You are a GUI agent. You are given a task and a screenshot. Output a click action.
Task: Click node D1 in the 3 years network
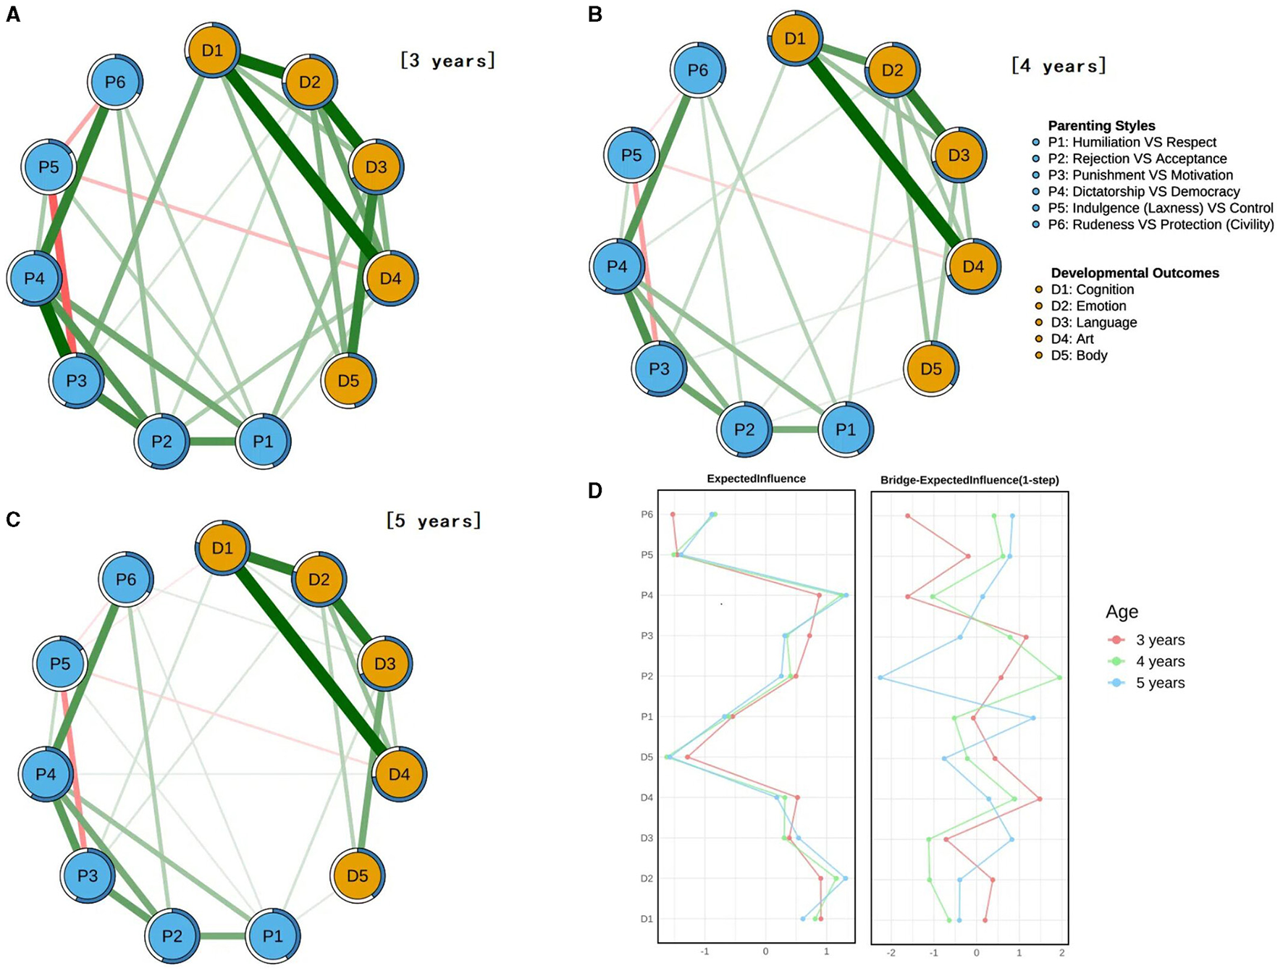(212, 51)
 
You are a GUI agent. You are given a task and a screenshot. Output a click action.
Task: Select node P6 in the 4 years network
(697, 70)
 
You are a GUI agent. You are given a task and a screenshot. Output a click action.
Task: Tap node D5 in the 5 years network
(357, 876)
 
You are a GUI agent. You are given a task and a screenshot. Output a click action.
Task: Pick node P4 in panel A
(35, 278)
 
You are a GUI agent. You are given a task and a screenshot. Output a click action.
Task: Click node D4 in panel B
(973, 266)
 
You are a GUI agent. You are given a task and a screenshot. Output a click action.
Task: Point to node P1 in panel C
(273, 936)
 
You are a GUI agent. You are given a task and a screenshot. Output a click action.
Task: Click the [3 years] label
(447, 60)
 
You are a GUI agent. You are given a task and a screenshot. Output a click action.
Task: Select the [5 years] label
(434, 521)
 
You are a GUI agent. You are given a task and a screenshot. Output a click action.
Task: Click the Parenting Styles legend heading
(1101, 126)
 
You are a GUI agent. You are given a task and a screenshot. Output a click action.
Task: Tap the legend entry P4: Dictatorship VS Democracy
(1143, 192)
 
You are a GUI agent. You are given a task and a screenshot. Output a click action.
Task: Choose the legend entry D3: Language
(1093, 323)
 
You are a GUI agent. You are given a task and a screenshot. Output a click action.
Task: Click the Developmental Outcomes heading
(1135, 273)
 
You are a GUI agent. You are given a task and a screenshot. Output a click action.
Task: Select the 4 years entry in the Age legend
(1160, 662)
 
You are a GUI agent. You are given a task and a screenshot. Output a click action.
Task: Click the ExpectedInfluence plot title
(756, 479)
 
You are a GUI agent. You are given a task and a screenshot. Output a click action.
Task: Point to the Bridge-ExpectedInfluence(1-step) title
(969, 480)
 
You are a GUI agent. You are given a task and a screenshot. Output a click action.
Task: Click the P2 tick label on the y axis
(647, 676)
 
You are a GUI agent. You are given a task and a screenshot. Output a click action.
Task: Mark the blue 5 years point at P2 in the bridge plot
(880, 678)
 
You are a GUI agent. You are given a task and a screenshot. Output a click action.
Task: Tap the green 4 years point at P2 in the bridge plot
(1059, 678)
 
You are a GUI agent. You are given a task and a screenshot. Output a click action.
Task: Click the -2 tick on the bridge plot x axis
(891, 953)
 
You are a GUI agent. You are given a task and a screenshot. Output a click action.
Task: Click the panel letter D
(594, 491)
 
